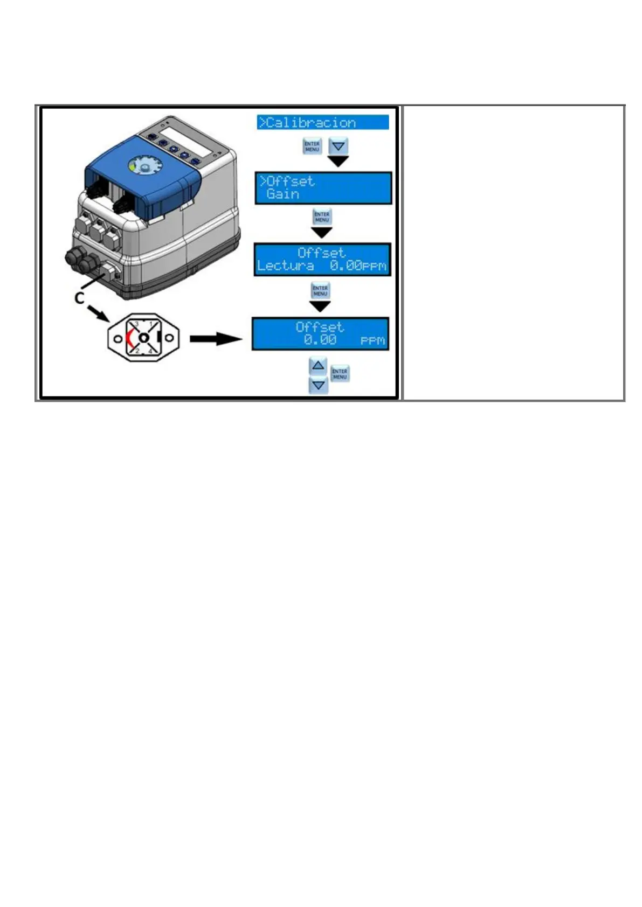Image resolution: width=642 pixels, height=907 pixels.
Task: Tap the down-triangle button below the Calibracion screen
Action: tap(339, 145)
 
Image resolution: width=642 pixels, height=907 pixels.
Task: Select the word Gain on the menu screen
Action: tap(282, 194)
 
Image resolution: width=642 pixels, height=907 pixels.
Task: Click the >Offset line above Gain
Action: tap(288, 181)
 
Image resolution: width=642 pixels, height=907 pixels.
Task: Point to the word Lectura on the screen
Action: tap(285, 266)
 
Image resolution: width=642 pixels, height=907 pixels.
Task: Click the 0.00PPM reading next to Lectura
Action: tap(358, 266)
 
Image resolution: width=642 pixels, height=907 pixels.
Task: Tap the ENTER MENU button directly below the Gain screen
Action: tap(322, 217)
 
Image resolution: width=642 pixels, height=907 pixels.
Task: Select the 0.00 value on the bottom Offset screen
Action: tap(320, 340)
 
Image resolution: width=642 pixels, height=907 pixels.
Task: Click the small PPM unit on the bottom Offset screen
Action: tap(372, 341)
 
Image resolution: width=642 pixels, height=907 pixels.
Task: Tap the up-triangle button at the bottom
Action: tap(319, 366)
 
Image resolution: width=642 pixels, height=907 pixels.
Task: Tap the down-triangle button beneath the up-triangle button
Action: tap(319, 385)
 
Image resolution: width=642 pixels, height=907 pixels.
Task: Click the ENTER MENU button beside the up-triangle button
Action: tap(340, 374)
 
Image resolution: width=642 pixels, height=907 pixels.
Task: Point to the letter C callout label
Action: tap(79, 298)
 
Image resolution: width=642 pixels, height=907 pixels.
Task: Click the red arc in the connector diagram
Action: tap(129, 338)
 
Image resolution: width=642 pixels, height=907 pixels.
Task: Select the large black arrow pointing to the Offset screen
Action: tap(216, 339)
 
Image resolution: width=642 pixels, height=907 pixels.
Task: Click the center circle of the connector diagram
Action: tap(143, 338)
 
